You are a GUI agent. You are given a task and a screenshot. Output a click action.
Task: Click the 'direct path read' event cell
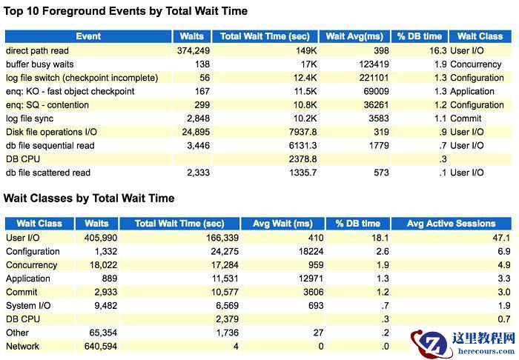click(37, 50)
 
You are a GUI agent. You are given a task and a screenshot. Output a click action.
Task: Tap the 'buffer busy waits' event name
click(41, 64)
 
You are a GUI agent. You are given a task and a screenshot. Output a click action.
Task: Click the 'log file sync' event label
click(30, 119)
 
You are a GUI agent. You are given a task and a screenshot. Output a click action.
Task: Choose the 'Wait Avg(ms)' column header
click(354, 36)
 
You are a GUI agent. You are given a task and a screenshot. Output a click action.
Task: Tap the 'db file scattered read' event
click(48, 173)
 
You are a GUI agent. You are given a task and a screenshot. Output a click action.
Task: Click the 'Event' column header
click(88, 36)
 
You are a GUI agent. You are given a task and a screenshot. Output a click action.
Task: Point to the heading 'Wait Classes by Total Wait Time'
click(89, 199)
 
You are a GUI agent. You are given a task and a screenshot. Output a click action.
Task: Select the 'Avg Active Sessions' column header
click(451, 224)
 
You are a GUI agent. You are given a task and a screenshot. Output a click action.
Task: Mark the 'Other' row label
click(18, 333)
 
